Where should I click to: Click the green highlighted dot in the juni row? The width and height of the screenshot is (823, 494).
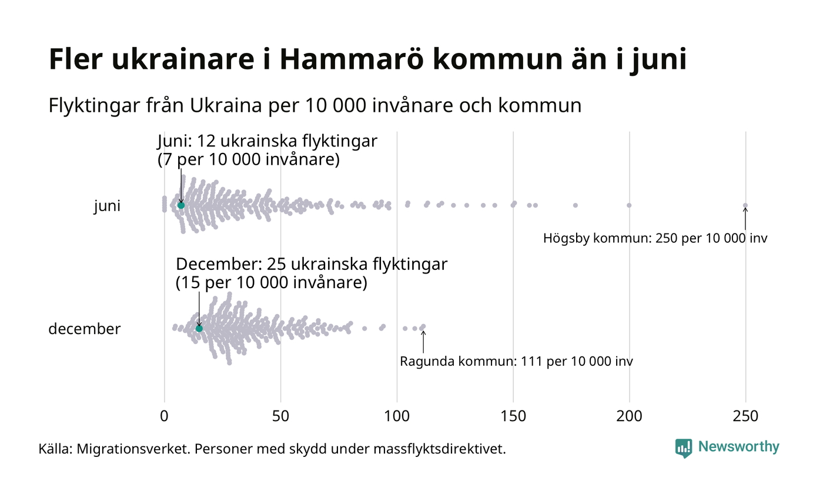coord(181,205)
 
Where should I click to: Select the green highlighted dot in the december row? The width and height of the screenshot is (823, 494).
coord(199,328)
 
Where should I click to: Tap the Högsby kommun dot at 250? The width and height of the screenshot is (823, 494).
coord(745,205)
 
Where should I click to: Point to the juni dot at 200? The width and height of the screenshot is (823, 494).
coord(629,205)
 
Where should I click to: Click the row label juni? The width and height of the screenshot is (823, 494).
coord(107,206)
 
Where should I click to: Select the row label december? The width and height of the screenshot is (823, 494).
coord(84,329)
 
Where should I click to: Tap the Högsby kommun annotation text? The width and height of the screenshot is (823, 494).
coord(655,239)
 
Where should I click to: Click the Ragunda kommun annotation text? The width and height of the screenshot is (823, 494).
coord(516,361)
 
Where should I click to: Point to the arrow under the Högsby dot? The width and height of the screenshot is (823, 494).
coord(745,219)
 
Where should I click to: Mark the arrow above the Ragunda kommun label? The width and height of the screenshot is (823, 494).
coord(423,342)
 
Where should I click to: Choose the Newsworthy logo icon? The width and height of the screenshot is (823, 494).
coord(684,448)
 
